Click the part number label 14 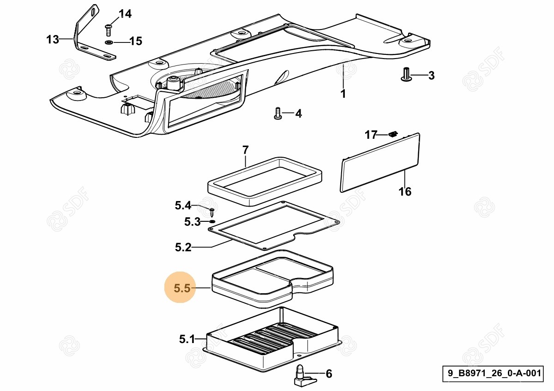125,14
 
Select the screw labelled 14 108,30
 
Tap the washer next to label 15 109,42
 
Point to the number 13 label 53,40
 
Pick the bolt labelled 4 277,113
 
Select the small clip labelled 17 393,134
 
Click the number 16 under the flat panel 405,191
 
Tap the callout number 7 245,150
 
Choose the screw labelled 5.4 212,212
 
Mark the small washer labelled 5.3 211,222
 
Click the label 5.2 183,248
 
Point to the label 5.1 187,340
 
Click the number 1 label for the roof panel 343,94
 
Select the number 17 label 371,135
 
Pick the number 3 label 431,76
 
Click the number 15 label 136,41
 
